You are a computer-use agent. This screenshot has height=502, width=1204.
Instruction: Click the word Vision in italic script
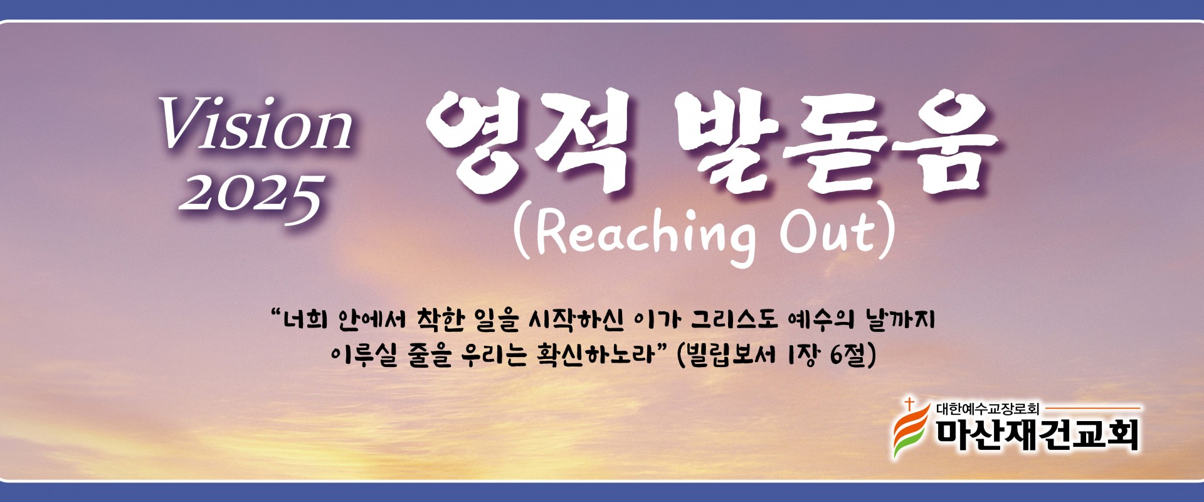point(256,124)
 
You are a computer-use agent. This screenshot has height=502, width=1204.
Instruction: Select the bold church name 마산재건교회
point(1037,435)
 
